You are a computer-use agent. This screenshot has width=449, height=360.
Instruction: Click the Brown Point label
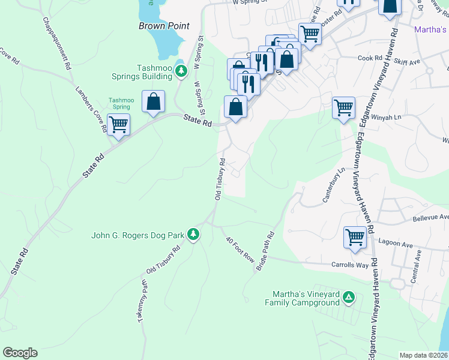[x=164, y=26]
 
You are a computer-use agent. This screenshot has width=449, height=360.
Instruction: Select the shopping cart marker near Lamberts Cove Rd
[x=119, y=125]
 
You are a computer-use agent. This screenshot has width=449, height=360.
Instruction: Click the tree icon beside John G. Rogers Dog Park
[x=193, y=233]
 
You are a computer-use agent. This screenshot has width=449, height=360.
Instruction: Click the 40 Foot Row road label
[x=240, y=249]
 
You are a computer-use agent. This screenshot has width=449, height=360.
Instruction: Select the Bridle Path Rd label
[x=265, y=251]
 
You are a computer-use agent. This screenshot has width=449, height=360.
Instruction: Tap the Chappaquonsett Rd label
[x=57, y=43]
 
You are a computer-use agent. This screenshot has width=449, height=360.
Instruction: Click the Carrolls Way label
[x=349, y=264]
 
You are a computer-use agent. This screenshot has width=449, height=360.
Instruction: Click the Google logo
[x=20, y=353]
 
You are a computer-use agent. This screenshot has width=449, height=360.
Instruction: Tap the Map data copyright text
[x=423, y=355]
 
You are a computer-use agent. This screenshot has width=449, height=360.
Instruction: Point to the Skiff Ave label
[x=406, y=62]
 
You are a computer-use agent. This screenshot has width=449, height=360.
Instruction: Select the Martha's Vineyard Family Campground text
[x=302, y=298]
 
